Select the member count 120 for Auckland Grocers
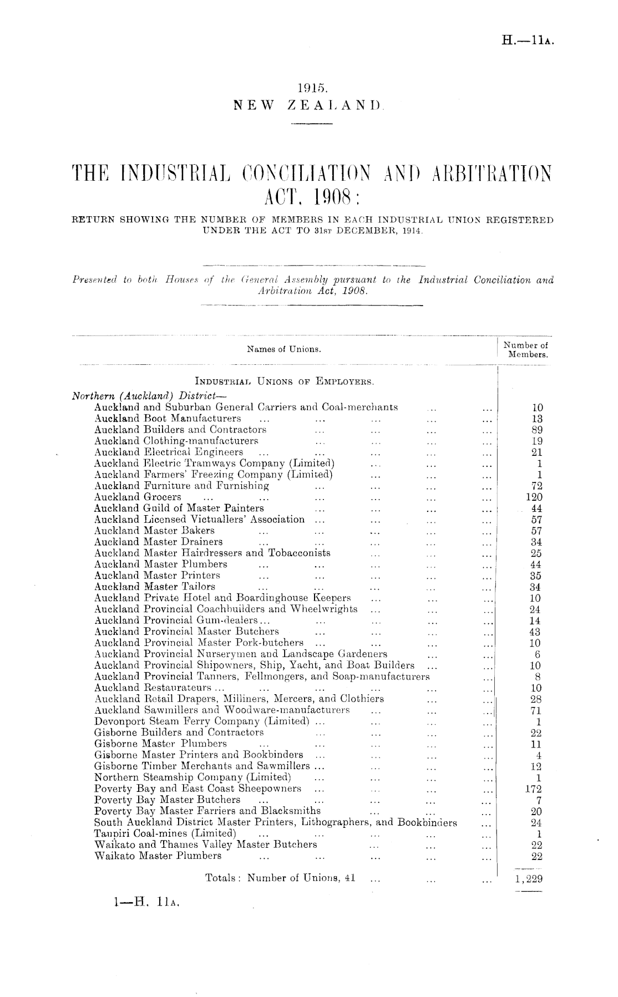point(534,497)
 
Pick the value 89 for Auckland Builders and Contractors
point(536,430)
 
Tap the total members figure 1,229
point(529,878)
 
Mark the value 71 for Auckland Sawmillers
point(536,710)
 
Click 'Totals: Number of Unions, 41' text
point(280,878)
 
